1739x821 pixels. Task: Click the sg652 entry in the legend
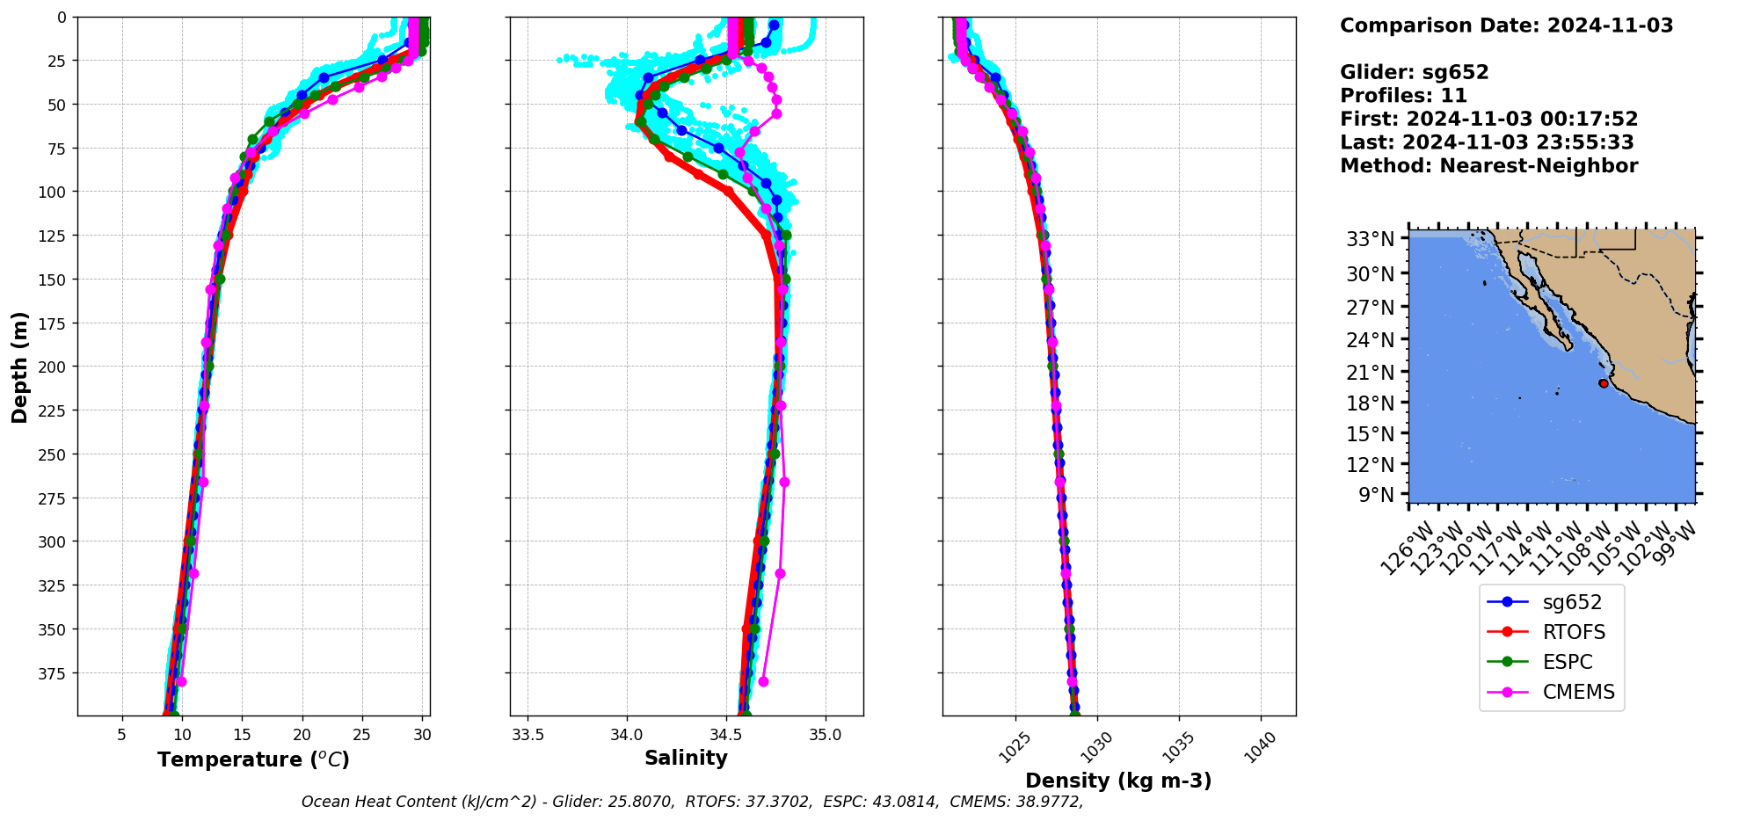[1572, 602]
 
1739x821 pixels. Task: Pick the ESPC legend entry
[1568, 662]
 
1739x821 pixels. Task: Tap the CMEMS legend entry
[1578, 692]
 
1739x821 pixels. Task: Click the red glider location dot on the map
[1604, 383]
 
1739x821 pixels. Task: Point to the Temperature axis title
[253, 759]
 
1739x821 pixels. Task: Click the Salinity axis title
[686, 759]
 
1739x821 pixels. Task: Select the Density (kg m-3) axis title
[1118, 781]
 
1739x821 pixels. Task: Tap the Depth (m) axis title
[19, 367]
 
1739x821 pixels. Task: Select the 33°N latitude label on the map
[1370, 239]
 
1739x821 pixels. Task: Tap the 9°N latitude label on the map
[1376, 495]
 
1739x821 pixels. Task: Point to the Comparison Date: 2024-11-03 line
[1506, 25]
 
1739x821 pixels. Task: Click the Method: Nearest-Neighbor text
[1488, 166]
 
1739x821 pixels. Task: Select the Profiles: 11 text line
[1403, 96]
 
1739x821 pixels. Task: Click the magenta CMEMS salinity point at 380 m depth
[763, 682]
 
